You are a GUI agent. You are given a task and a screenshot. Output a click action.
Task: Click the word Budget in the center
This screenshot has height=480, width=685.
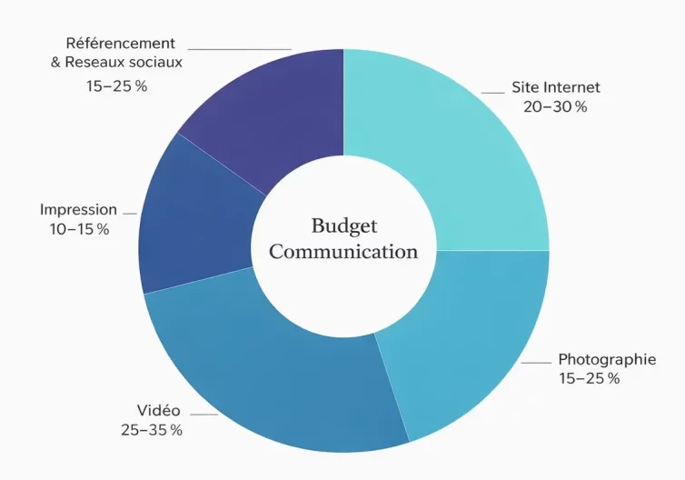pos(343,225)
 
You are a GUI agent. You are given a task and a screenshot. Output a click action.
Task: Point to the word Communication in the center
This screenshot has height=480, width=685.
pos(343,252)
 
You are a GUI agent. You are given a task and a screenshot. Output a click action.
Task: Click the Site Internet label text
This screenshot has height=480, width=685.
pos(556,88)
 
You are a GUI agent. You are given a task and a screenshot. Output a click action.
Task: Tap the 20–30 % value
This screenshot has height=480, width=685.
pos(555,106)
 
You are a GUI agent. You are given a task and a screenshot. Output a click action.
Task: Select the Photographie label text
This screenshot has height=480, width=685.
pos(607,359)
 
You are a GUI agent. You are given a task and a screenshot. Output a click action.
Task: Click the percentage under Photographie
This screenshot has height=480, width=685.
pos(590,377)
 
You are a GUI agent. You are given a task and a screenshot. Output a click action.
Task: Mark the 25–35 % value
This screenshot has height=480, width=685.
pos(152,429)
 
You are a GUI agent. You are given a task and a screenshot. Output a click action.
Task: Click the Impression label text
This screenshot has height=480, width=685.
pos(78,210)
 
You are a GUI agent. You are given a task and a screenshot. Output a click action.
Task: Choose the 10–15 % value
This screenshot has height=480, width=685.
pos(79,229)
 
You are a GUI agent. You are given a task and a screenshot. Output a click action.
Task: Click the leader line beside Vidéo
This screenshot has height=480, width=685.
pos(204,415)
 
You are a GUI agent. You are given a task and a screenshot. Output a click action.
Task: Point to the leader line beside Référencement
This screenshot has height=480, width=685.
pos(240,49)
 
